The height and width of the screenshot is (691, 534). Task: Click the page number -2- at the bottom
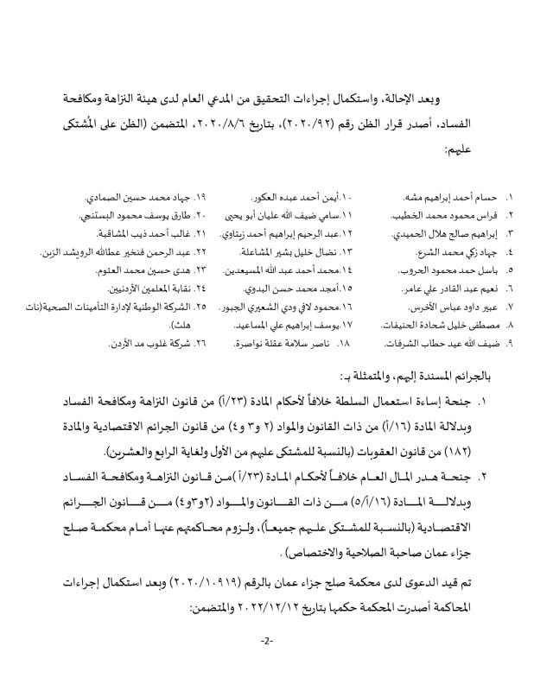click(267, 640)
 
